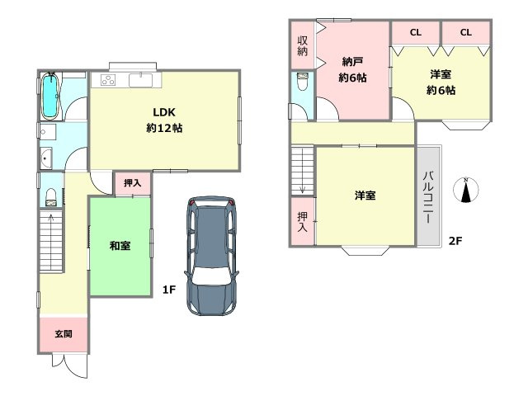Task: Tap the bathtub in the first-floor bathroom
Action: [50, 96]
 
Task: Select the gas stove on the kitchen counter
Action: [109, 80]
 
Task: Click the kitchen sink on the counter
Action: [140, 80]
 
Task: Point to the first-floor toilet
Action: [51, 197]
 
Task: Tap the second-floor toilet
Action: [302, 81]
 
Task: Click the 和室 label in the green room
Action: [120, 246]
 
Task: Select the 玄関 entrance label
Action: [64, 333]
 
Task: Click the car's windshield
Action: [212, 276]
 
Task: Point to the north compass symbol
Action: [465, 191]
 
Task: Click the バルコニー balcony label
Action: [428, 197]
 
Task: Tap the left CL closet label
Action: [416, 32]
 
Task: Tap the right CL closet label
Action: [465, 32]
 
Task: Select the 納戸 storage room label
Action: [352, 62]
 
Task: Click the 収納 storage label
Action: [303, 46]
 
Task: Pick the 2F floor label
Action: [455, 241]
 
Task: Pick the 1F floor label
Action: [169, 290]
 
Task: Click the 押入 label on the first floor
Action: [132, 183]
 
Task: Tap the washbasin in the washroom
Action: [46, 158]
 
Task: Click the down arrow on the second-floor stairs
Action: [302, 171]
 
